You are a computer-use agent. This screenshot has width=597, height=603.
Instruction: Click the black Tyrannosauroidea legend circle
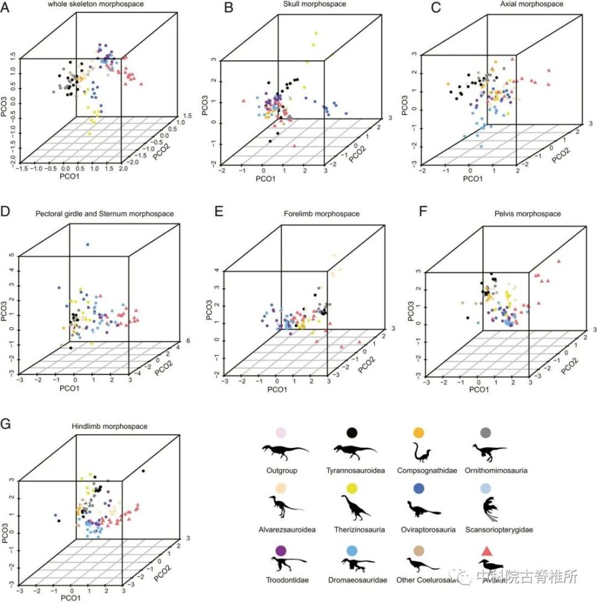coord(351,432)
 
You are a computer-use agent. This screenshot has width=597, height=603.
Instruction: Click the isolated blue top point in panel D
coord(88,244)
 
